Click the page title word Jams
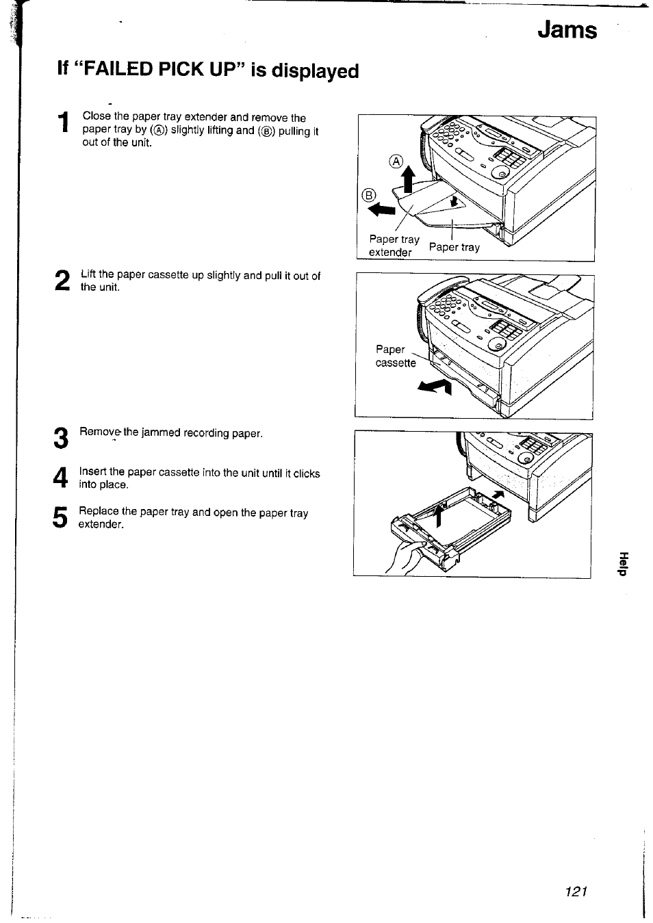click(x=567, y=31)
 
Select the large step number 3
click(x=60, y=438)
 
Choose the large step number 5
click(x=60, y=517)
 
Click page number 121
click(x=577, y=891)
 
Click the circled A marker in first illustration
click(x=396, y=162)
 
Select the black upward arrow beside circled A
click(x=409, y=181)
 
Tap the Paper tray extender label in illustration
click(x=393, y=246)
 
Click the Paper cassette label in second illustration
click(x=395, y=356)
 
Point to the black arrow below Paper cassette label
click(x=435, y=388)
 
